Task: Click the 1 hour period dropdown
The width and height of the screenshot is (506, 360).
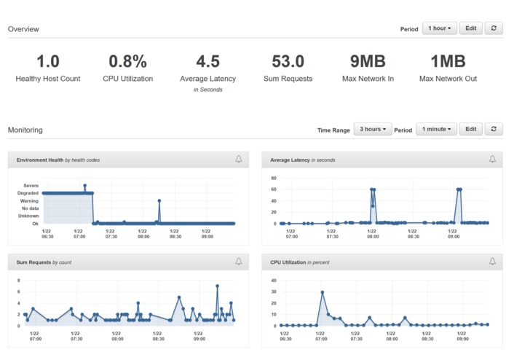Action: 439,28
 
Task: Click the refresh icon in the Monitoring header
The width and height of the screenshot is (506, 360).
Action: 494,129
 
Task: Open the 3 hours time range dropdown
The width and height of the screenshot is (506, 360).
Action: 372,129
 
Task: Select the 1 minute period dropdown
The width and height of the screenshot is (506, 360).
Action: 436,129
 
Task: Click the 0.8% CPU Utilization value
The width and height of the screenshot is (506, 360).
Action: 127,61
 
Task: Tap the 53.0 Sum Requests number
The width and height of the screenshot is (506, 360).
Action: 288,61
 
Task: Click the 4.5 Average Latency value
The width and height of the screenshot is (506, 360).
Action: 207,61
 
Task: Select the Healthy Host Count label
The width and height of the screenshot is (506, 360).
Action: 48,79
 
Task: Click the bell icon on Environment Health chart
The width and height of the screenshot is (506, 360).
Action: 238,159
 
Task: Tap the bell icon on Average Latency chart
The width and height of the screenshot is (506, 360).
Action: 492,159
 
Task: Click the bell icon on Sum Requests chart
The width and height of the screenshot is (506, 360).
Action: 238,261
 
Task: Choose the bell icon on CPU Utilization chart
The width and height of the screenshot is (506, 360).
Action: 492,261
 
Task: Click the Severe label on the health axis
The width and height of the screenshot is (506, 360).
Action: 31,185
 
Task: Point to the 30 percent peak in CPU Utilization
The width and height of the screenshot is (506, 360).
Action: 322,292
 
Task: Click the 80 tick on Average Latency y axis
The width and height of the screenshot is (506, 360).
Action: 273,178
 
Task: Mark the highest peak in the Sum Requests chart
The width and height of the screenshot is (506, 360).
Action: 217,286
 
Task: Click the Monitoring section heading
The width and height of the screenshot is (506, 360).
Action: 25,130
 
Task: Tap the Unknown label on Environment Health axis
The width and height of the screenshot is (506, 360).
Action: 28,216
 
